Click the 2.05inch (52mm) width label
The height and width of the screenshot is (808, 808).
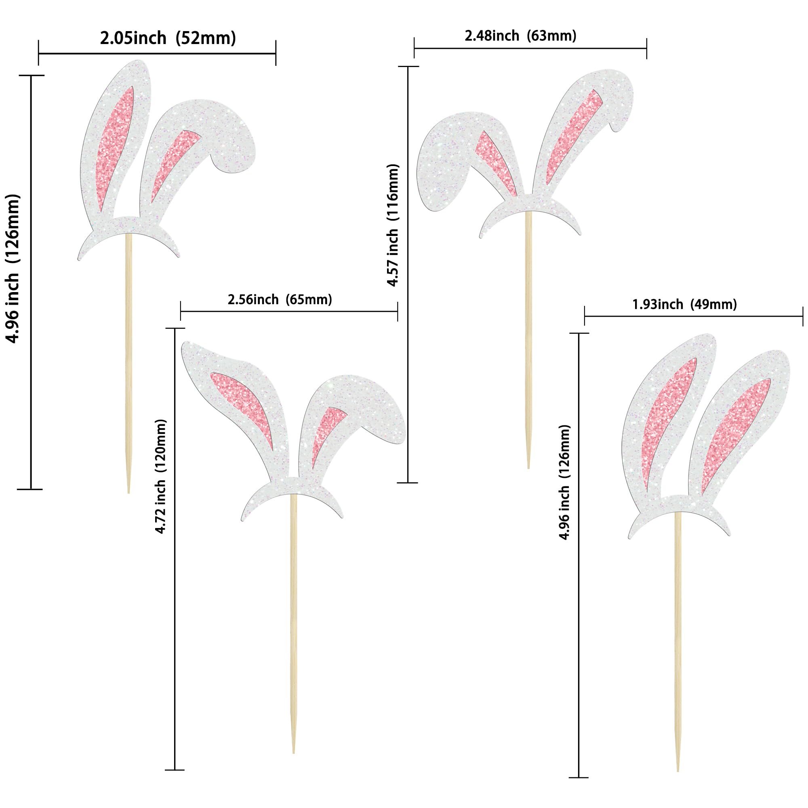[168, 38]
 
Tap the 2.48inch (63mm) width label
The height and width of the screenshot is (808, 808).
[521, 36]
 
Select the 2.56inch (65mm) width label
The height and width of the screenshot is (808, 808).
[280, 299]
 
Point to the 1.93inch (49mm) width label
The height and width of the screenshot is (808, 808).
[685, 305]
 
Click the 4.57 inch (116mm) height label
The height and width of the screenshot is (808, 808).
[393, 225]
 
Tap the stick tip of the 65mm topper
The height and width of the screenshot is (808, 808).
[294, 764]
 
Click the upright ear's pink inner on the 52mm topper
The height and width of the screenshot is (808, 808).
[114, 146]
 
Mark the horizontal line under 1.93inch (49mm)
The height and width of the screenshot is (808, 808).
[693, 317]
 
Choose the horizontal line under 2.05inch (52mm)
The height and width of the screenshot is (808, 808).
[157, 54]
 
